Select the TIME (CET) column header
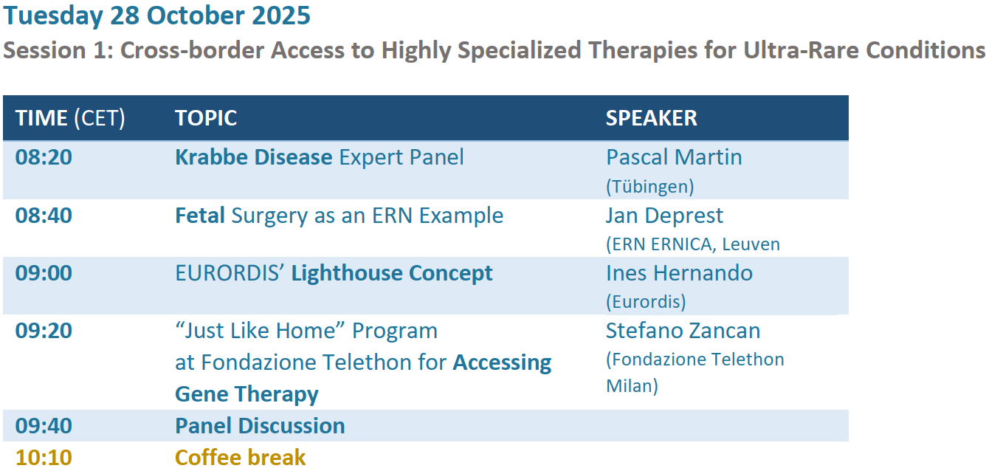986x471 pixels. (x=70, y=118)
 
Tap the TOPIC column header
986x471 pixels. (x=206, y=118)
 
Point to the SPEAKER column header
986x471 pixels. (x=652, y=118)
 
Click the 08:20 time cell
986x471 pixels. (x=44, y=157)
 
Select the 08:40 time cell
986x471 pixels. (x=44, y=216)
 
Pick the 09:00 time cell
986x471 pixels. (x=44, y=273)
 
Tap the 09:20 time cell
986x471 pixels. (x=44, y=331)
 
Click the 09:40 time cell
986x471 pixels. (x=44, y=426)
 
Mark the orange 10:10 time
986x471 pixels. (x=44, y=458)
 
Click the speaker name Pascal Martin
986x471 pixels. (x=674, y=157)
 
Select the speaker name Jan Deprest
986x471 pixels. (x=665, y=216)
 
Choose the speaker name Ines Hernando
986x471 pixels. (x=679, y=273)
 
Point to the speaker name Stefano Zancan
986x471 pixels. (x=683, y=331)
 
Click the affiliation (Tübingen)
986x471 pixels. (x=650, y=187)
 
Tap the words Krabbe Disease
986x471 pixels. (x=254, y=157)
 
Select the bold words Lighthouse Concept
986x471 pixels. (x=392, y=274)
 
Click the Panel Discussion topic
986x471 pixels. (x=260, y=426)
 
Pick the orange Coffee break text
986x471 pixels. (x=241, y=458)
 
